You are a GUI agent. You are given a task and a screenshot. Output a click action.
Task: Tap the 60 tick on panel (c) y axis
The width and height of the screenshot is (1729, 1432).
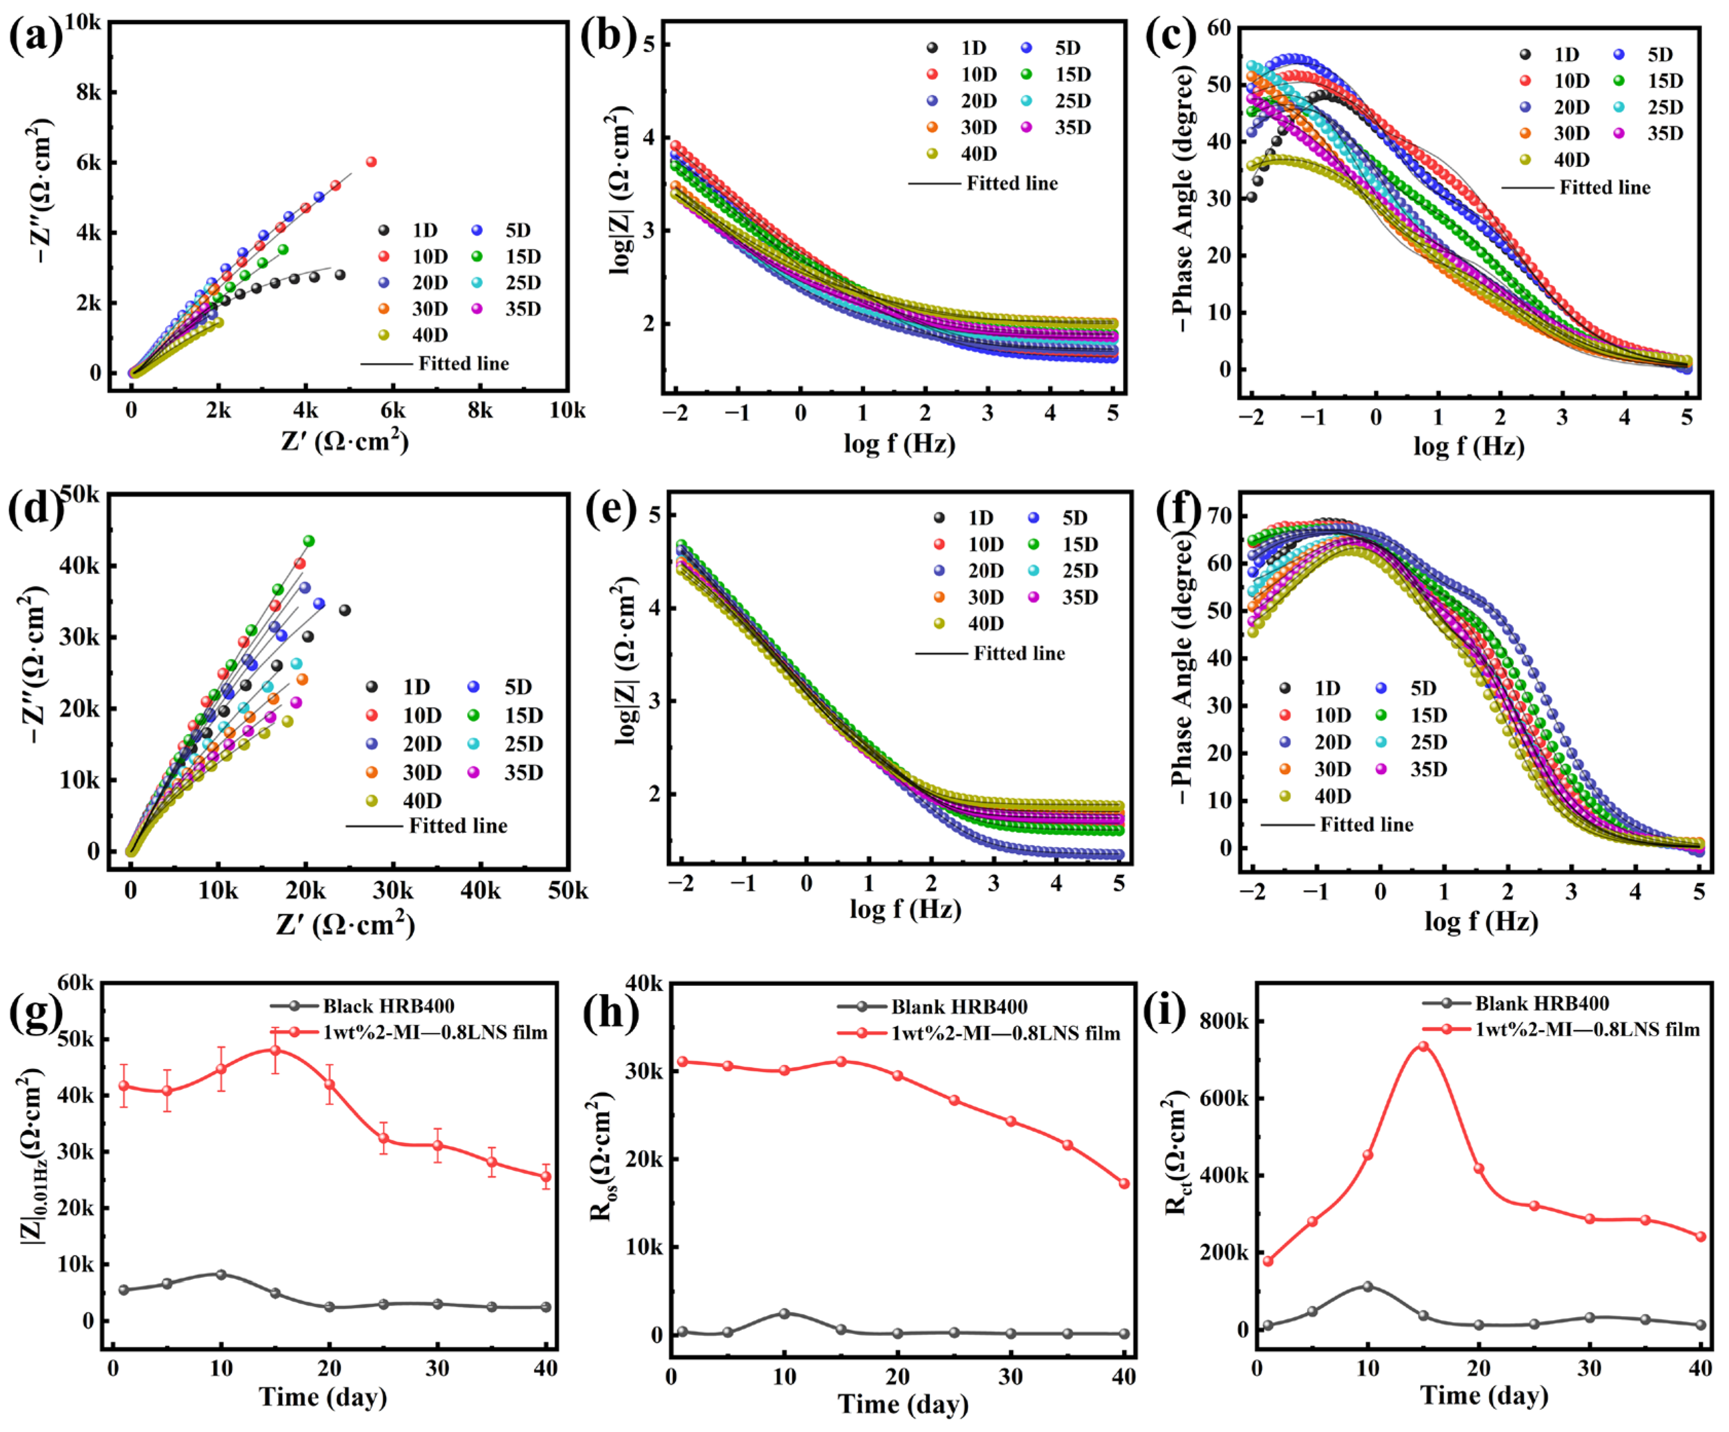coord(1219,28)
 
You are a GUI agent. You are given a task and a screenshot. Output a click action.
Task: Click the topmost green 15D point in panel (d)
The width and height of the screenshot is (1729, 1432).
coord(309,541)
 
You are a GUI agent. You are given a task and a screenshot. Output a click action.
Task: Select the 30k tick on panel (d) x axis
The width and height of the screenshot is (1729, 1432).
coord(393,891)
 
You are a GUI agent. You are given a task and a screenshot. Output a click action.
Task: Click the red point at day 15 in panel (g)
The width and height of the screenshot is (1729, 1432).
coord(275,1051)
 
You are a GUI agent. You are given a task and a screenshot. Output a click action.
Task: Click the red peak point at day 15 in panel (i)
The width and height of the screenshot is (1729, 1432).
coord(1423,1047)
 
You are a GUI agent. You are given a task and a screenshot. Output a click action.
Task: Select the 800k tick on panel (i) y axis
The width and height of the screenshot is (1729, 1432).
coord(1225,1021)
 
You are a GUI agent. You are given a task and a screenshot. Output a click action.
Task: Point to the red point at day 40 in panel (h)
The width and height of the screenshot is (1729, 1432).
coord(1124,1183)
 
